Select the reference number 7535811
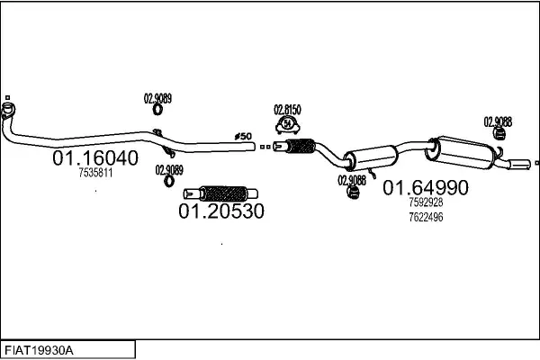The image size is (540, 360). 94,173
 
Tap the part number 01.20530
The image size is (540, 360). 220,212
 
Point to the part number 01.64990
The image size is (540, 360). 426,188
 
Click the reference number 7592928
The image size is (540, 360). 426,202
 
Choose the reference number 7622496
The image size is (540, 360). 426,216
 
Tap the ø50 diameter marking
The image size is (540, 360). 242,136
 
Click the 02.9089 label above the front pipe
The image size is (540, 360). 157,98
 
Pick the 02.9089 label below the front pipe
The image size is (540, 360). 168,168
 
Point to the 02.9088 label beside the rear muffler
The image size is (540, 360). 498,121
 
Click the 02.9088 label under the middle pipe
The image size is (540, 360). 351,179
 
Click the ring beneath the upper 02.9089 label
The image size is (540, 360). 157,111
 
